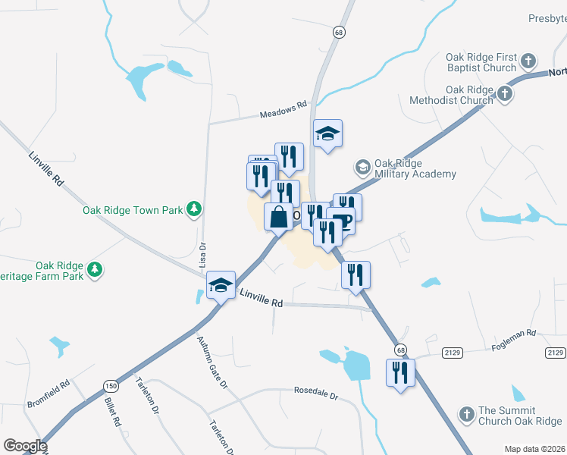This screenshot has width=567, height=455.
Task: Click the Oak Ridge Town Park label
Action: click(x=133, y=209)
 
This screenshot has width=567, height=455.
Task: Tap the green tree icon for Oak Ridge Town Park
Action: click(x=195, y=209)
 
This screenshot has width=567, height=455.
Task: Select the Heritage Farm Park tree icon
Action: click(x=95, y=269)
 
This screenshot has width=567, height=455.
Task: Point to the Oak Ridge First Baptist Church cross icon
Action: click(x=529, y=61)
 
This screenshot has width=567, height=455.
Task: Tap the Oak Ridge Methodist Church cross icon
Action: click(x=505, y=94)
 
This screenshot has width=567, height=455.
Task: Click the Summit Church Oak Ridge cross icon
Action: click(x=467, y=415)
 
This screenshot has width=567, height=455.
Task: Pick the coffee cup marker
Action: click(x=342, y=221)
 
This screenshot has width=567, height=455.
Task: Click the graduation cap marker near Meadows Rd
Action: click(x=327, y=134)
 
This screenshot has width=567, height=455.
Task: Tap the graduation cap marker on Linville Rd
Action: click(x=220, y=285)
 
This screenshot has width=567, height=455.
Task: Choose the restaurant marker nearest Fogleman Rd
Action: click(x=400, y=373)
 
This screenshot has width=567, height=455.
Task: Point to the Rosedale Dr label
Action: click(x=315, y=394)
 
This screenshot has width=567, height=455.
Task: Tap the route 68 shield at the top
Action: click(x=338, y=32)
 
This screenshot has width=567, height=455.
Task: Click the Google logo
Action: click(x=25, y=446)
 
